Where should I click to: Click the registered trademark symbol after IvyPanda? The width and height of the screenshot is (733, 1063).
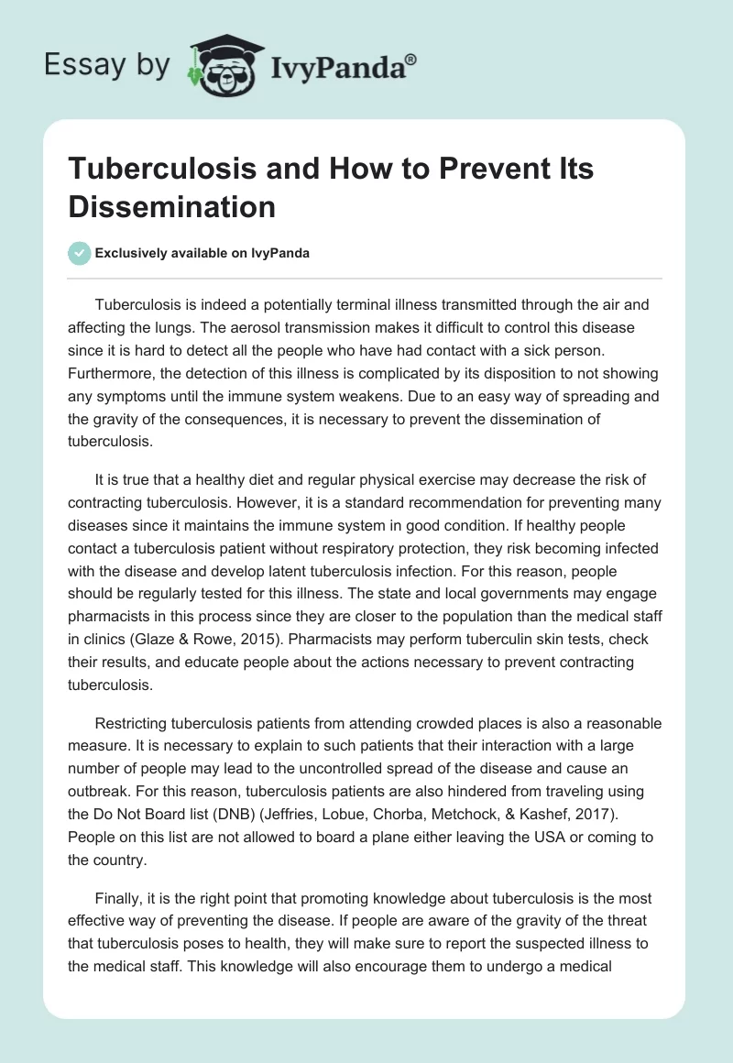point(411,60)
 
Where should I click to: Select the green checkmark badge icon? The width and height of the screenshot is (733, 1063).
point(79,253)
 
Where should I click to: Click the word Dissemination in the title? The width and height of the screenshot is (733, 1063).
point(172,207)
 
